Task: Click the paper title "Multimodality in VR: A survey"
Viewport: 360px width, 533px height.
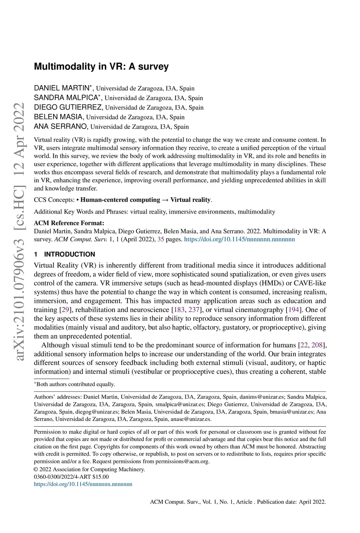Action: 101,66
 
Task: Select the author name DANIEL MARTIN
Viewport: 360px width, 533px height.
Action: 62,88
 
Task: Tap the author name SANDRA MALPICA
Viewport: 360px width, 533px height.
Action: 66,98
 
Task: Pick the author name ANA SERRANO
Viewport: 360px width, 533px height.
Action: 61,126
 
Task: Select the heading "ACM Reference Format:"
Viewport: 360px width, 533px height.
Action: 69,223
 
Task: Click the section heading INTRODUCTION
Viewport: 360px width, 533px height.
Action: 70,254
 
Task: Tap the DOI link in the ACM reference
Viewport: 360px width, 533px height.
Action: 239,239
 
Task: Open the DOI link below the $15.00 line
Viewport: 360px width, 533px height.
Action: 83,484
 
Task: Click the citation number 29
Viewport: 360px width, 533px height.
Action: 65,310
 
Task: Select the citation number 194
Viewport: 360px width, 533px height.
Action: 294,310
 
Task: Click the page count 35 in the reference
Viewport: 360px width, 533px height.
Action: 161,239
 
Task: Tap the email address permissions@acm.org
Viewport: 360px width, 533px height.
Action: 182,461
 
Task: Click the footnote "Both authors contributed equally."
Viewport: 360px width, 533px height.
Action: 76,384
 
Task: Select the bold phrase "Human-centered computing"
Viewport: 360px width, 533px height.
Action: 120,200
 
